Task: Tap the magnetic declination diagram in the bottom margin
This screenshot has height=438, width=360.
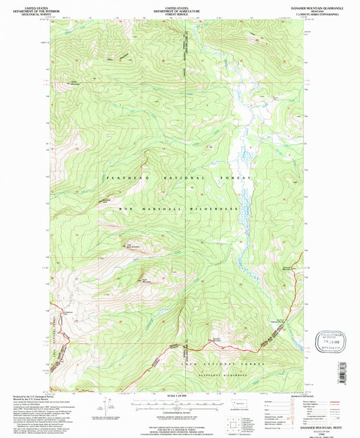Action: point(106,405)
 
